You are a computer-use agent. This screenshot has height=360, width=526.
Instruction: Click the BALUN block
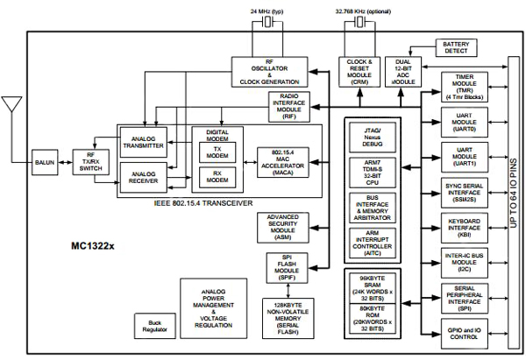(x=44, y=163)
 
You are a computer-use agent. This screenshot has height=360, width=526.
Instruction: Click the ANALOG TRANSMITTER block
(x=144, y=143)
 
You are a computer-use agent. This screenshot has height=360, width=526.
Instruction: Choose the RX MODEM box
(x=217, y=179)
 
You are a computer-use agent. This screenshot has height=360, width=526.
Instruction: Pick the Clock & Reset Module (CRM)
(x=359, y=71)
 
